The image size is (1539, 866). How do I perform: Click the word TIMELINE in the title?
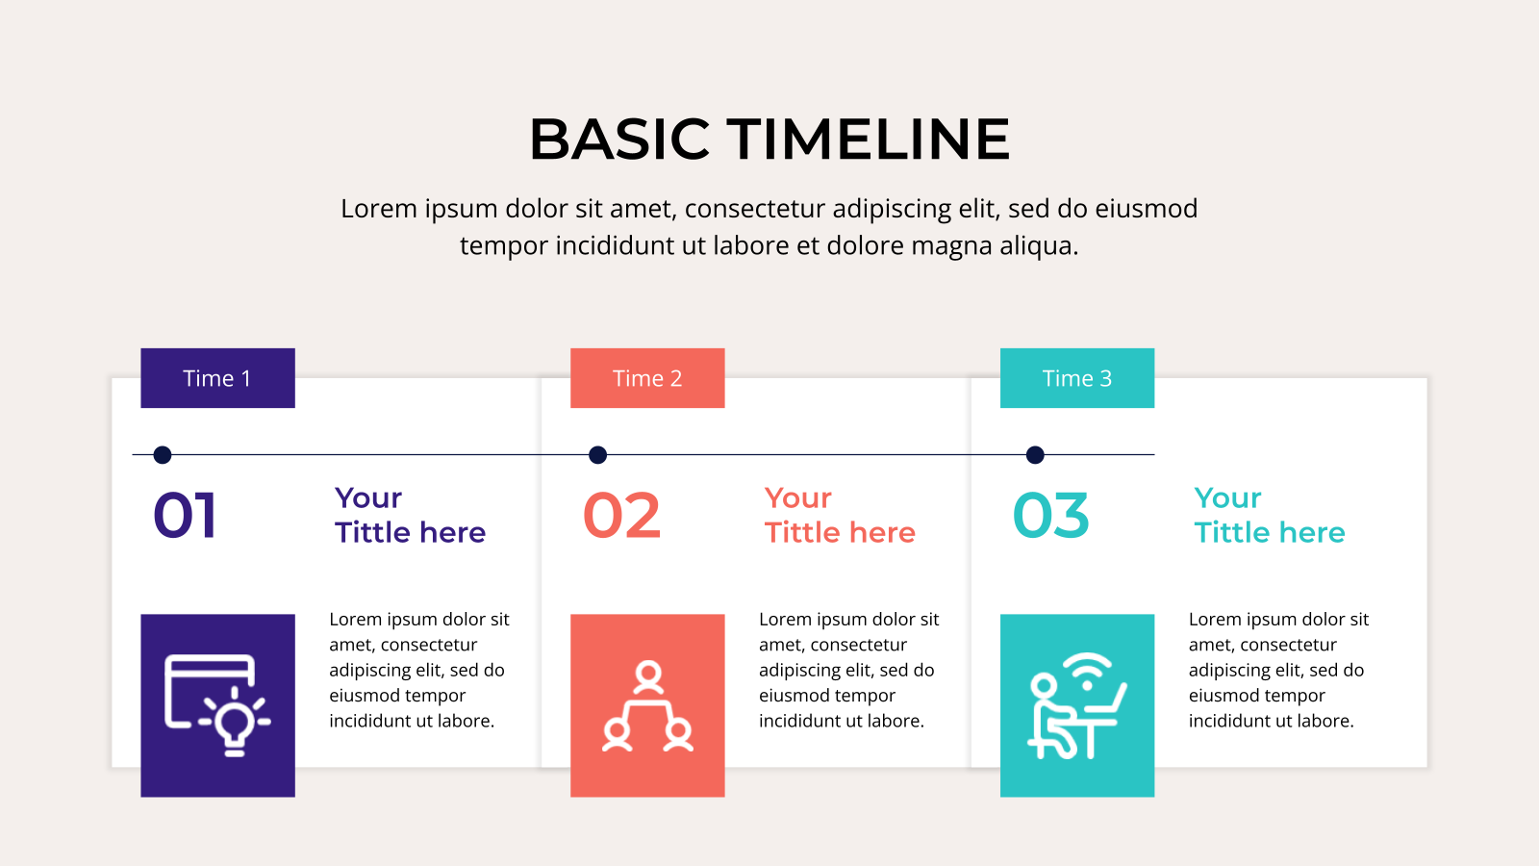(869, 140)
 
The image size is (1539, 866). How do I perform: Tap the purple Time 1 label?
(217, 378)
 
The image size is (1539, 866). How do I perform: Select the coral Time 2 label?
(647, 378)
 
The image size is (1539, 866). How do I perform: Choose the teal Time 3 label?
(1077, 378)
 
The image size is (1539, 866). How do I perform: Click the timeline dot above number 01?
(163, 455)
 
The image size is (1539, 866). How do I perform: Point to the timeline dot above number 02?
(597, 455)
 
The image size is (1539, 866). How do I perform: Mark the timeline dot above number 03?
(1035, 455)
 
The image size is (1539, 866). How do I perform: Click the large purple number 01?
(185, 516)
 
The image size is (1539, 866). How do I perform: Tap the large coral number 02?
(621, 516)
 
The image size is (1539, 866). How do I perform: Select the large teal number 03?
(1051, 516)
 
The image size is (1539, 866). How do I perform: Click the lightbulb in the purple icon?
(235, 722)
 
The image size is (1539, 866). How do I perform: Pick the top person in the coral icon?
(648, 677)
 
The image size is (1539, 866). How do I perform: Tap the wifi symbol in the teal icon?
(1088, 673)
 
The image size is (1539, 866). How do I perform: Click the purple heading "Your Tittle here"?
(410, 516)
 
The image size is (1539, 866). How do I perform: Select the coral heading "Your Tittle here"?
(840, 516)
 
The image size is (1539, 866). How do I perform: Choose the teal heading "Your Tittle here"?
(1270, 516)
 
